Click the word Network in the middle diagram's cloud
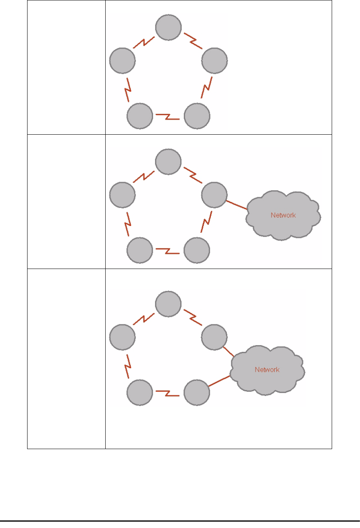283,215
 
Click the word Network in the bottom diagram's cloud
267,370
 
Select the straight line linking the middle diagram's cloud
237,204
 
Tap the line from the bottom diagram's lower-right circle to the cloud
220,381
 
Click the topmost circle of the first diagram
169,27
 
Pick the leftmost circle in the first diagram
122,61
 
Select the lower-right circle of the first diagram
197,116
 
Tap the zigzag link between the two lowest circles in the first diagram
168,116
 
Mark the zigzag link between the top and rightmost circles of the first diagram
193,42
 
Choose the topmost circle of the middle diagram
169,161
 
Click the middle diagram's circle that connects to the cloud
214,195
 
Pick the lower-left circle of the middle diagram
140,250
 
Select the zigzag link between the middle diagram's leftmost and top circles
144,176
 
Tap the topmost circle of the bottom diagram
169,304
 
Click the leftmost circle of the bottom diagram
122,338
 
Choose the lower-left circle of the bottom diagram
140,393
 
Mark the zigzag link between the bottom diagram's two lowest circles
168,393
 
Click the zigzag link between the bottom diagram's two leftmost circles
128,366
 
